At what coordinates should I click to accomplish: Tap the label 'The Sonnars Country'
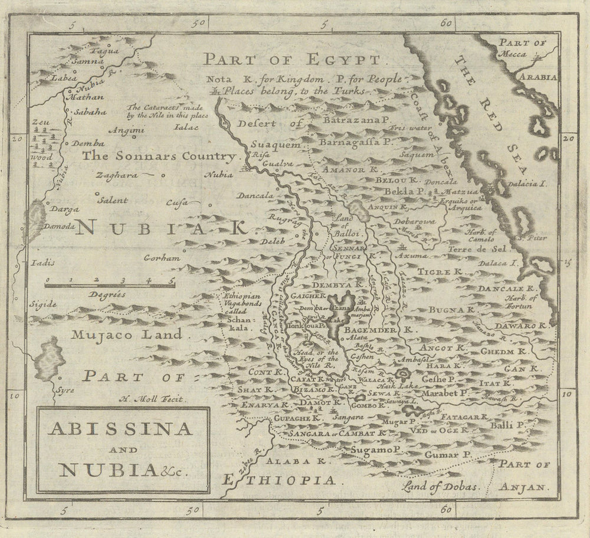pyautogui.click(x=159, y=156)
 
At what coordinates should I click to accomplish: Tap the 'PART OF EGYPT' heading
pyautogui.click(x=292, y=60)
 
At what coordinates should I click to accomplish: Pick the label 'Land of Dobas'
pyautogui.click(x=440, y=487)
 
